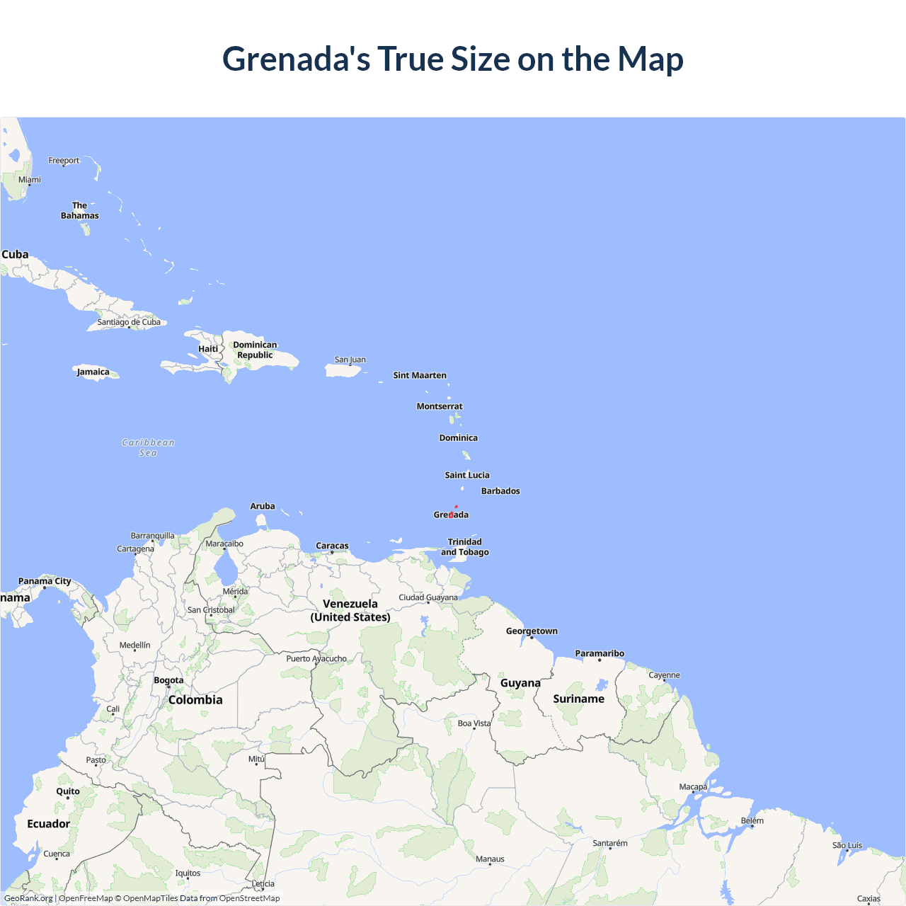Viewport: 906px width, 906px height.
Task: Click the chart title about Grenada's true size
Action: coord(453,59)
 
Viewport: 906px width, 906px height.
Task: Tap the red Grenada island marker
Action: coord(452,515)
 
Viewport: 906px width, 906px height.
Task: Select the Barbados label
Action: coord(500,491)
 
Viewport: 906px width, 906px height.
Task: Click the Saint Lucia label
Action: coord(467,476)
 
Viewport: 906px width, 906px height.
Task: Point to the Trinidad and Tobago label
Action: coord(465,547)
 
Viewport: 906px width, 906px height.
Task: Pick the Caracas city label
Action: coord(332,546)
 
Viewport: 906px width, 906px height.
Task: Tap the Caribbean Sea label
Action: coord(148,447)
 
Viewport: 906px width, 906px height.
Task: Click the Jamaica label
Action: coord(93,372)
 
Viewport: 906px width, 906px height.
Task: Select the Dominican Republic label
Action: coord(255,350)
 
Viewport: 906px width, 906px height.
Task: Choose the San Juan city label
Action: coord(350,360)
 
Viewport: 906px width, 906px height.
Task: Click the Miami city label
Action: coord(30,180)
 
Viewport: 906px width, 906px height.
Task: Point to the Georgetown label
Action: coord(532,631)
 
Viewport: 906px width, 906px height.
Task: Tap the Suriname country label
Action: coord(579,699)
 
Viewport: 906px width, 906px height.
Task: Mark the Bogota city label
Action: coord(168,680)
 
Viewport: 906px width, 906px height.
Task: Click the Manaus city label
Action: coord(490,859)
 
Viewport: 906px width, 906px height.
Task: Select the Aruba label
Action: coord(263,506)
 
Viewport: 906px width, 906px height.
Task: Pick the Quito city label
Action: coord(68,791)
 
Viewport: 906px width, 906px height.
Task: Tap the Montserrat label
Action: coord(440,406)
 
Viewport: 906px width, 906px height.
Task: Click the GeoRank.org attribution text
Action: coord(28,898)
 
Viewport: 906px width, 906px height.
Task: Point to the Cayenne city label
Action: coord(664,675)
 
